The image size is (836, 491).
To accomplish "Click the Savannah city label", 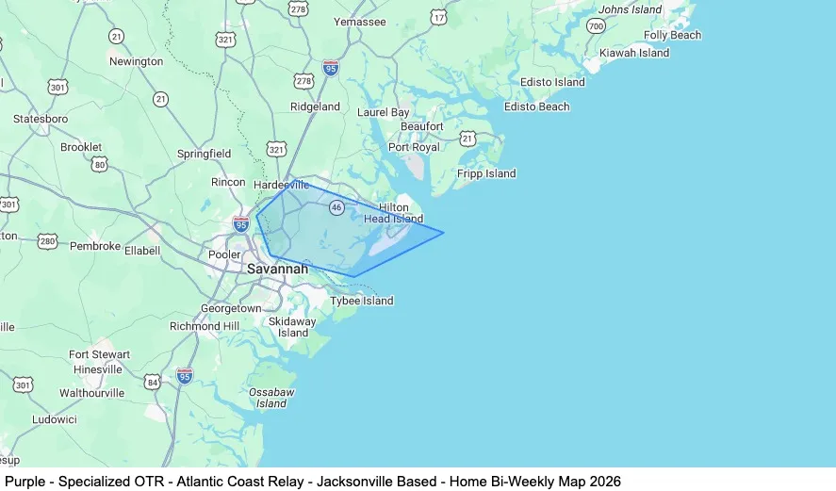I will coord(277,269).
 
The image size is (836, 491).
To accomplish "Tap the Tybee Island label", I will coord(361,301).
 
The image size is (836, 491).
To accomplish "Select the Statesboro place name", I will coord(41,119).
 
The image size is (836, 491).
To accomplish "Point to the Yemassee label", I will coord(360,22).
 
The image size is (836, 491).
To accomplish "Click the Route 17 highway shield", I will coord(438,17).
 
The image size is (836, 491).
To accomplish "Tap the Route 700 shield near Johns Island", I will coord(595,25).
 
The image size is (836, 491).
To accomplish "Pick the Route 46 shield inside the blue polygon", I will coord(336,207).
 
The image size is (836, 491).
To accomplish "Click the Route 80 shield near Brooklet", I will coord(100,164).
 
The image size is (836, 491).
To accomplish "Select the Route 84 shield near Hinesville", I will coord(153,382).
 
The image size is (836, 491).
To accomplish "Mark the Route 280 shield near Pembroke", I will coord(48,241).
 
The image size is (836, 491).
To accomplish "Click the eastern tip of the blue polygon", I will coord(443,233).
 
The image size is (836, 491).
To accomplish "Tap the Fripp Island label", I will coord(486,173).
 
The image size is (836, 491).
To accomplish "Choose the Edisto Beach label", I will coord(536,106).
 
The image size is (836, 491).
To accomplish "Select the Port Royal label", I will coord(414,147).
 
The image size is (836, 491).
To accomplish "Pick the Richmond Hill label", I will coord(205,326).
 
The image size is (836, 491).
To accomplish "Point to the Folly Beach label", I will coord(672,35).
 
